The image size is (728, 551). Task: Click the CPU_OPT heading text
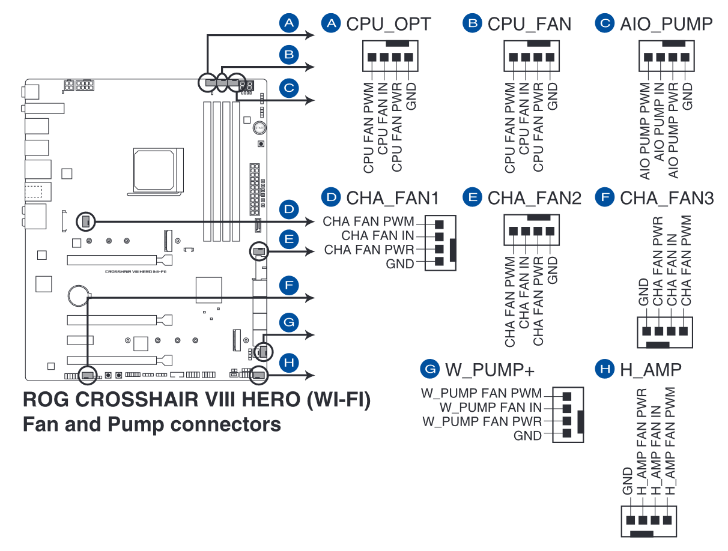(x=388, y=24)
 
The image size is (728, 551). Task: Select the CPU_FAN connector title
(x=529, y=24)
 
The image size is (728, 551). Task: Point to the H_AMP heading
(x=651, y=369)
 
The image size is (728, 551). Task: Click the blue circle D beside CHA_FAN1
(x=330, y=198)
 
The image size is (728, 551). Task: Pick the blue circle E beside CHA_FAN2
(x=472, y=198)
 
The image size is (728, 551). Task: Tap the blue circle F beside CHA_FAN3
(x=604, y=198)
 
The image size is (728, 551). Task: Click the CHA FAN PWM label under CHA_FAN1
(x=368, y=222)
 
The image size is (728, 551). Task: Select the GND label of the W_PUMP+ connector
(x=527, y=436)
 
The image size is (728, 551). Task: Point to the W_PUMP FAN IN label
(x=491, y=408)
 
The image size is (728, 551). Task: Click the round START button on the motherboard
(x=259, y=128)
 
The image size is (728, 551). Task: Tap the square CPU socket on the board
(x=154, y=170)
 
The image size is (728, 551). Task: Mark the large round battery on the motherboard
(x=79, y=294)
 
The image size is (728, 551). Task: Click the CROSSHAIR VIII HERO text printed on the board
(x=136, y=271)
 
